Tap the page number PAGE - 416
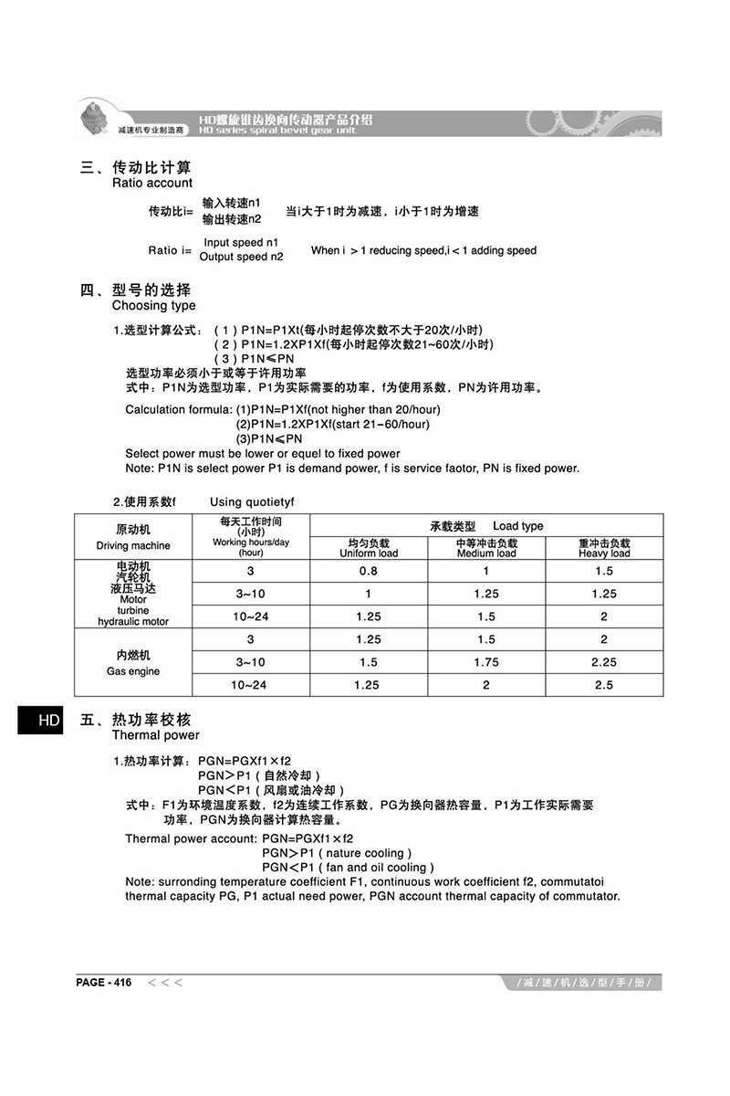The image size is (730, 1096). (x=104, y=983)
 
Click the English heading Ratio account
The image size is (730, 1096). (x=151, y=183)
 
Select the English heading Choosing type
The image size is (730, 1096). (x=153, y=306)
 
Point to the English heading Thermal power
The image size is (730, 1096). (x=155, y=735)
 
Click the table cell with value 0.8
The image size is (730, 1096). (x=368, y=571)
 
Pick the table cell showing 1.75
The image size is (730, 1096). (x=486, y=662)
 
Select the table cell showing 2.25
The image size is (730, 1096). (x=604, y=662)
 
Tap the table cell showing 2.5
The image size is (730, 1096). (x=604, y=685)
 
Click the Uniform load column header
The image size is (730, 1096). (x=369, y=553)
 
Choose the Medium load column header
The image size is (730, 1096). (x=486, y=553)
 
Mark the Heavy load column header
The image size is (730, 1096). (x=604, y=553)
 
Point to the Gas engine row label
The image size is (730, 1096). (x=133, y=671)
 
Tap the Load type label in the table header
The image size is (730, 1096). (x=517, y=526)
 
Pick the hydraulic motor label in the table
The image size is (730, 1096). (x=133, y=622)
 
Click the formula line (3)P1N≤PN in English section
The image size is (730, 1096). (x=269, y=438)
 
